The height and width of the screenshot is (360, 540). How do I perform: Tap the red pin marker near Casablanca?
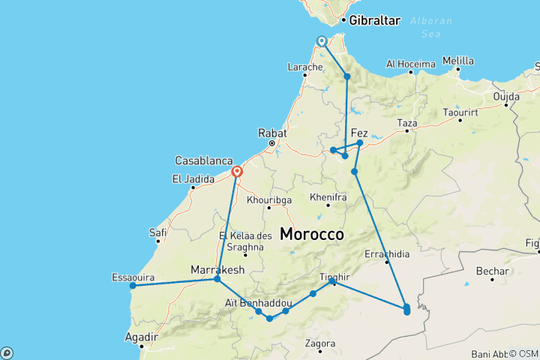point(237,172)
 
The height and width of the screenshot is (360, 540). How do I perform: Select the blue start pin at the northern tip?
point(321,41)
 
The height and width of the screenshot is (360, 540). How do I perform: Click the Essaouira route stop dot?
point(132,285)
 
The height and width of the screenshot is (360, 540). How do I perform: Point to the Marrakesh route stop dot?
point(217,279)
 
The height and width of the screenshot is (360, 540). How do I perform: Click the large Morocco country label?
point(312,234)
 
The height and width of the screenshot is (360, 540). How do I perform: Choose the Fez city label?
point(359,132)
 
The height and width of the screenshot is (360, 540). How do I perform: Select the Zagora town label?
point(320,343)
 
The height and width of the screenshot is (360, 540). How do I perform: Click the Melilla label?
point(458,61)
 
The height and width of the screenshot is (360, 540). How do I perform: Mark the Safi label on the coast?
point(157,232)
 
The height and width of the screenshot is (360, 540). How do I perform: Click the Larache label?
point(304,67)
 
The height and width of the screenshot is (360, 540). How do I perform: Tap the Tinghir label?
point(335,276)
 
